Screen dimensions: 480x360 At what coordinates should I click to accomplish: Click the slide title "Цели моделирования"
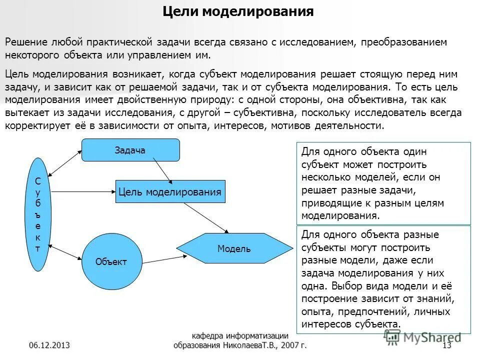click(x=239, y=11)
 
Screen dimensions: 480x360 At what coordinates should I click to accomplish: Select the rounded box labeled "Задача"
click(x=130, y=150)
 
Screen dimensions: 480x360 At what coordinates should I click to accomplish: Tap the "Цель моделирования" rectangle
click(x=169, y=191)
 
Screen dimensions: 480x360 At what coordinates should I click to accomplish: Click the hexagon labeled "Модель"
click(x=234, y=248)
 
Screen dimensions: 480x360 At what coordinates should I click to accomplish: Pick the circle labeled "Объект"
click(x=111, y=261)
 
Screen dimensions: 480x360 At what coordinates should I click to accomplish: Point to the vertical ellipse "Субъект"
click(x=38, y=214)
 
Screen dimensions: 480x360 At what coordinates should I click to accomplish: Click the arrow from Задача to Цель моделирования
click(x=163, y=170)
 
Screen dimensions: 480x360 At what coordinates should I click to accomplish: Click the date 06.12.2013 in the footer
click(x=49, y=345)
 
